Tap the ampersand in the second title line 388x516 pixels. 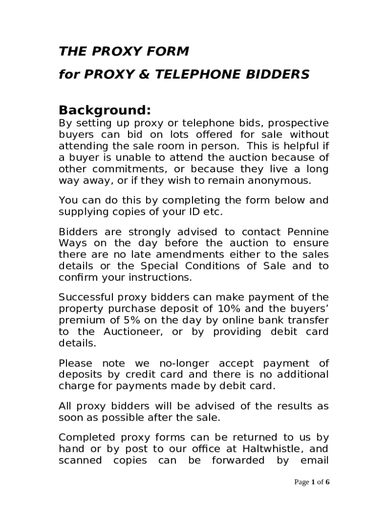click(x=145, y=75)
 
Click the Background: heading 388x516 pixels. click(x=105, y=110)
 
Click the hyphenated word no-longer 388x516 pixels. click(x=186, y=363)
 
